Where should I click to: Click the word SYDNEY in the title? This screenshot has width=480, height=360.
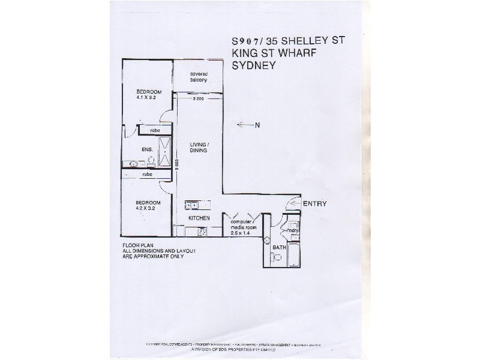pyautogui.click(x=254, y=66)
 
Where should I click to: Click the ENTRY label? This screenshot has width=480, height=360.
pyautogui.click(x=314, y=204)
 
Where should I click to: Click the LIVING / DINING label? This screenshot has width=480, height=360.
pyautogui.click(x=199, y=147)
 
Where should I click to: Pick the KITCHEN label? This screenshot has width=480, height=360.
pyautogui.click(x=198, y=218)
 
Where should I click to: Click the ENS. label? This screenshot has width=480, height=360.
pyautogui.click(x=146, y=149)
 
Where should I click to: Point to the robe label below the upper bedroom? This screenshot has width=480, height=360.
pyautogui.click(x=154, y=130)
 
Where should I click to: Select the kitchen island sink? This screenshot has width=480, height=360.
pyautogui.click(x=192, y=206)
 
